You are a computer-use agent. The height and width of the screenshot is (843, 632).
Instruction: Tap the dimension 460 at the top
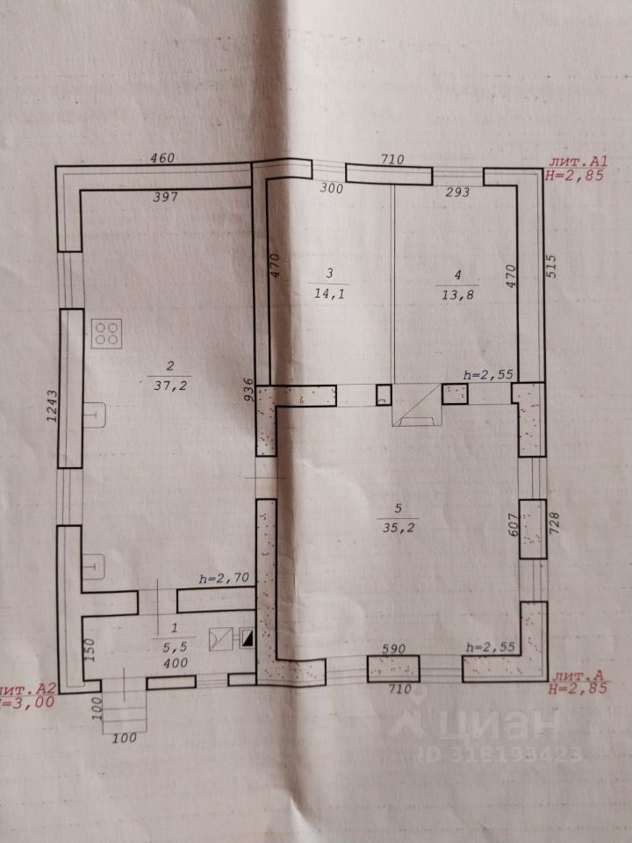click(x=162, y=158)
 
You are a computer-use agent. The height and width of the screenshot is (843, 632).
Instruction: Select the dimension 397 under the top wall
click(x=165, y=197)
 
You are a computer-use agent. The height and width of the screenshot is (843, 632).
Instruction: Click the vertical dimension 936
click(x=249, y=390)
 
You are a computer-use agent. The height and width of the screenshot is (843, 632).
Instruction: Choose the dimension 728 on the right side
click(x=555, y=530)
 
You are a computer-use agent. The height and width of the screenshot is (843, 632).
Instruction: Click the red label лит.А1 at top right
click(x=571, y=162)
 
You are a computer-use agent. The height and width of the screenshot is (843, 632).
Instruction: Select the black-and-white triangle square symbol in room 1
click(x=248, y=639)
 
